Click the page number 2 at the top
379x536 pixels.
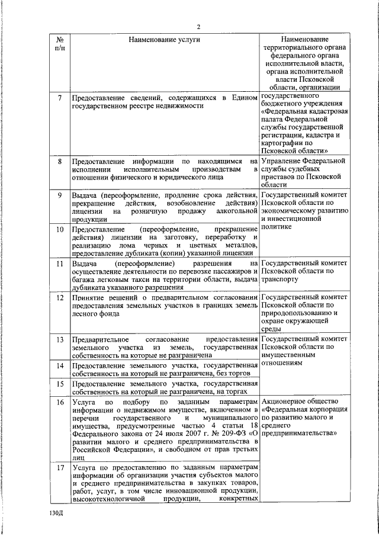click(x=199, y=27)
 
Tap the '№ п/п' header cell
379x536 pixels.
click(x=60, y=43)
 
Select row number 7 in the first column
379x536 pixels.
click(x=60, y=97)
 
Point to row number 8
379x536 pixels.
click(x=60, y=161)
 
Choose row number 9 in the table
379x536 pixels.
click(x=60, y=195)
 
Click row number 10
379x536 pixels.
click(x=60, y=229)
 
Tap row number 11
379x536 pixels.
click(x=60, y=263)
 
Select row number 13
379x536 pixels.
click(x=60, y=339)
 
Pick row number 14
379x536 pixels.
click(x=60, y=365)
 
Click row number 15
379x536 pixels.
click(x=60, y=384)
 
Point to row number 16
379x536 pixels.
click(x=60, y=403)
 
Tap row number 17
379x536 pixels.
click(x=60, y=467)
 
